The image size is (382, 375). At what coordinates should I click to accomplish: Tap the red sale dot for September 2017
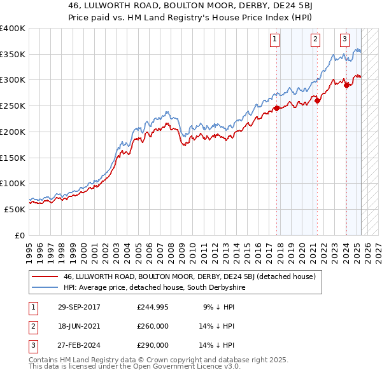pos(277,108)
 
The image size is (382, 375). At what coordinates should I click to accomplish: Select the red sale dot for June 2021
pos(317,100)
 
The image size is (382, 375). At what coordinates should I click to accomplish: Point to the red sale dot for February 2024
pos(346,85)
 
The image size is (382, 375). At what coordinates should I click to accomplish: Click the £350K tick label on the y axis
pos(13,55)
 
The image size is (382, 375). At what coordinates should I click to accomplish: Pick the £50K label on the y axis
pos(15,208)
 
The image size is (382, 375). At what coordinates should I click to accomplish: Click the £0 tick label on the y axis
pos(19,235)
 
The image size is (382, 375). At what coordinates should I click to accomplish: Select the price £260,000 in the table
pos(153,326)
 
